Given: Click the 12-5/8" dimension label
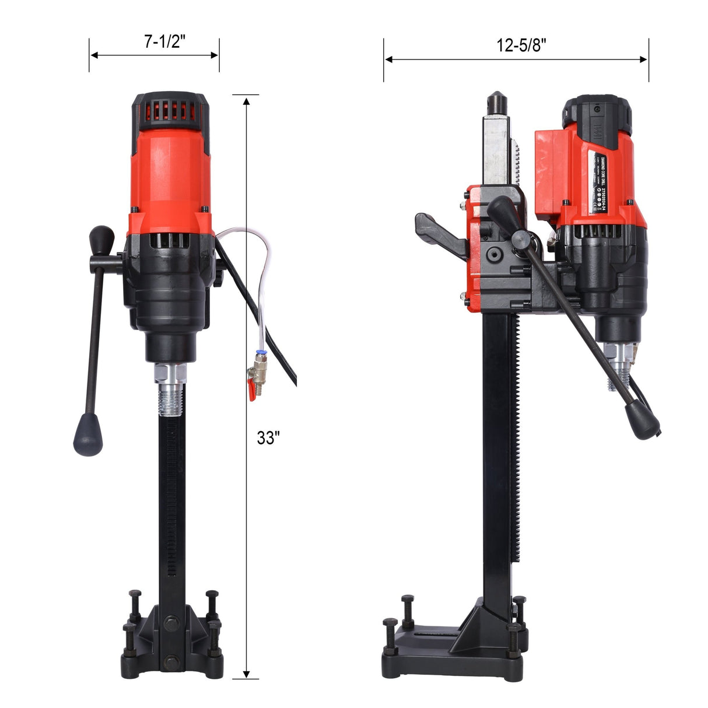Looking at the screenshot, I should [521, 45].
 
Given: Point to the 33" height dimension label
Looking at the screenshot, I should [268, 437].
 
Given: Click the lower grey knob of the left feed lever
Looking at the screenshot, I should [87, 435].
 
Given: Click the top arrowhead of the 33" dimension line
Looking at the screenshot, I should [247, 101].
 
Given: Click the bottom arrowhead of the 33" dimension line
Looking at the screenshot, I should [247, 672].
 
